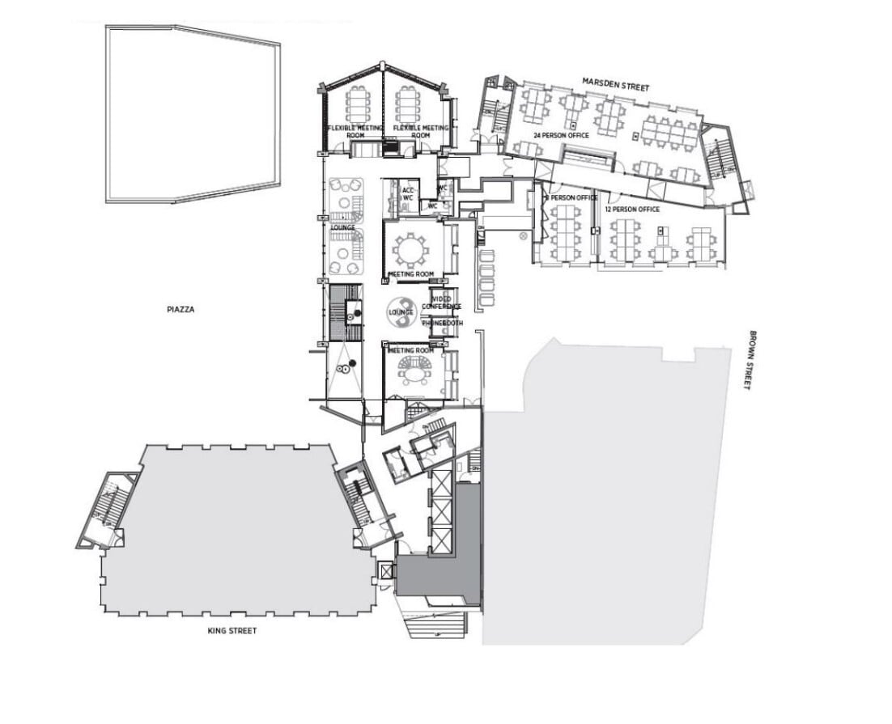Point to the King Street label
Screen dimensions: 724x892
pyautogui.click(x=231, y=630)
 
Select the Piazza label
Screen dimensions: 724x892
pyautogui.click(x=183, y=308)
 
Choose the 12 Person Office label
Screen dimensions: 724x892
pyautogui.click(x=632, y=210)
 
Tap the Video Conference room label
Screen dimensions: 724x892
pyautogui.click(x=442, y=303)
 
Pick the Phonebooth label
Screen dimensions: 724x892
pyautogui.click(x=443, y=323)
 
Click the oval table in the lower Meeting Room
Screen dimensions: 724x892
pyautogui.click(x=415, y=372)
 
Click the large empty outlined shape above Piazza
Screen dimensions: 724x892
pyautogui.click(x=193, y=113)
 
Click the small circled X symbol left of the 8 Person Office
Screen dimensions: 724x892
pyautogui.click(x=523, y=236)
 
